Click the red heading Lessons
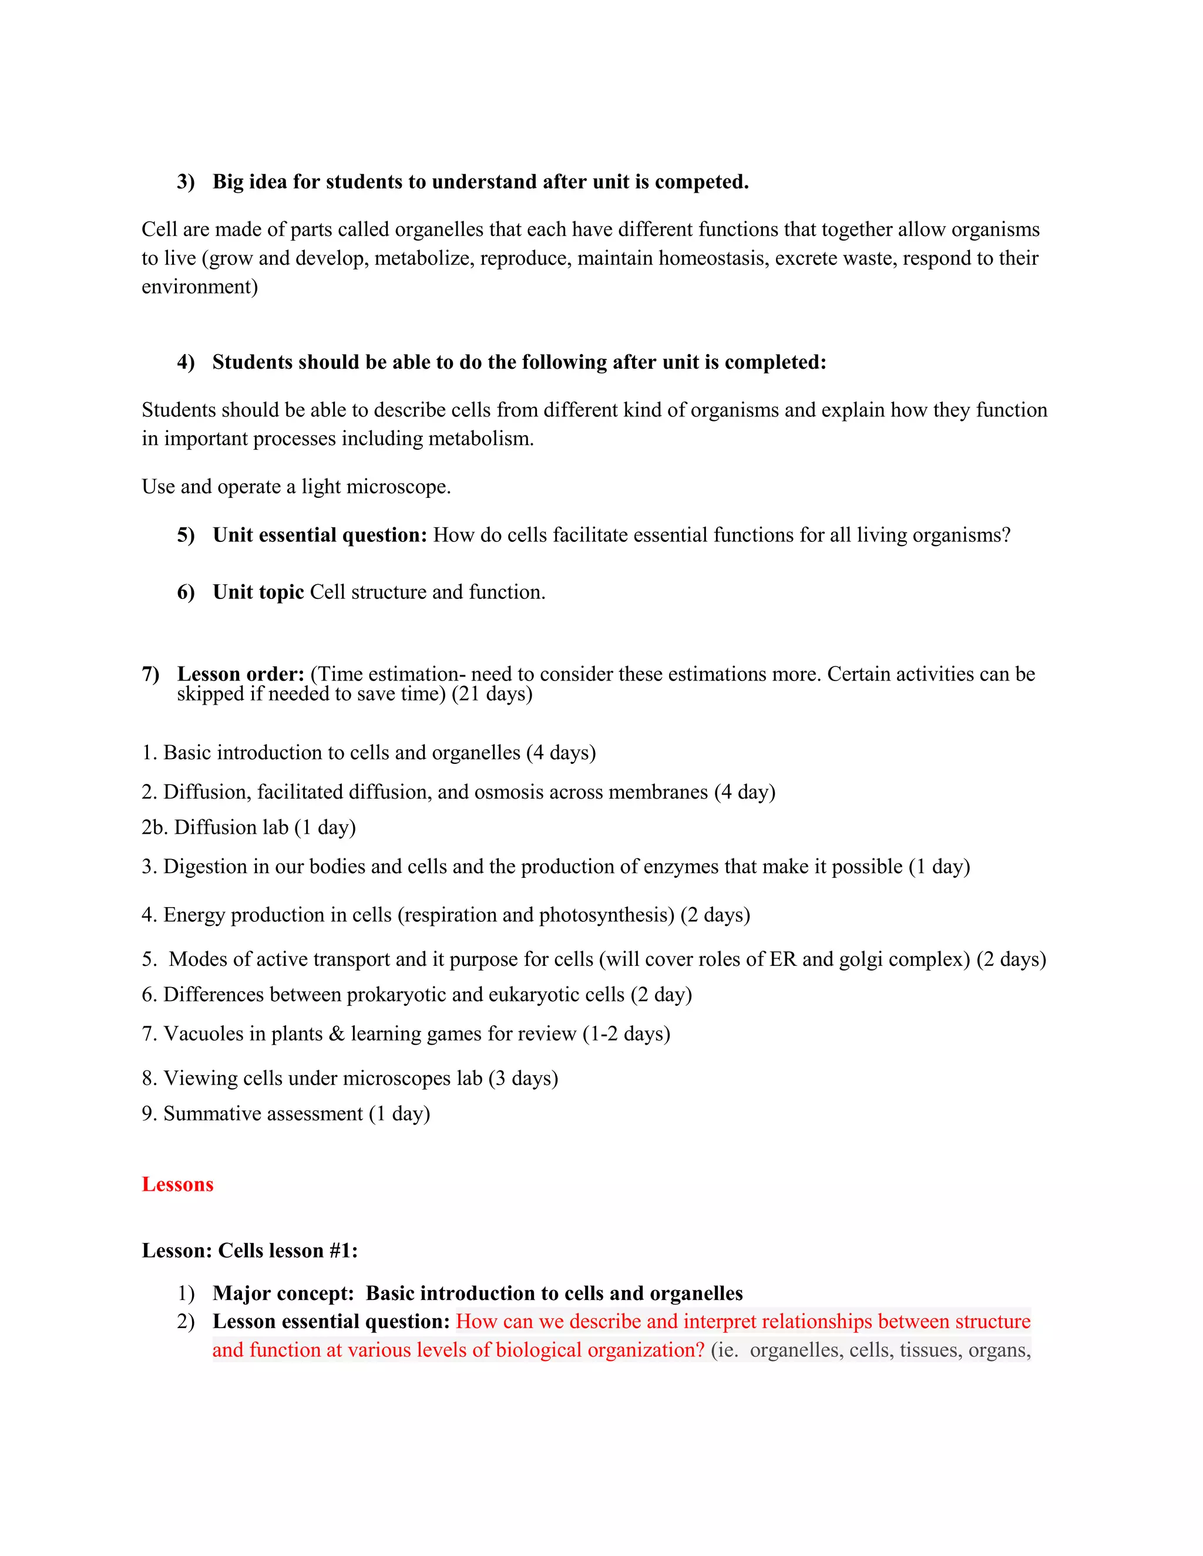tap(177, 1184)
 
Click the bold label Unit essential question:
tap(320, 535)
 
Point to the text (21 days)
tap(492, 694)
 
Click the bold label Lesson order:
tap(241, 674)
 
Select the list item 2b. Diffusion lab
tap(248, 827)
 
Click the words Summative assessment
tap(263, 1113)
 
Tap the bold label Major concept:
tap(283, 1294)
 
